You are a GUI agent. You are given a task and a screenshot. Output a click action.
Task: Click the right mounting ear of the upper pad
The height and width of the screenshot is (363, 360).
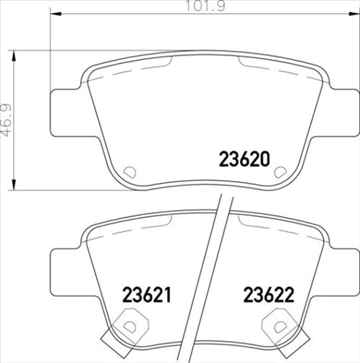click(334, 114)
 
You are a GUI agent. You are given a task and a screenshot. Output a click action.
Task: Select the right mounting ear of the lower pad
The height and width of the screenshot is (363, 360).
click(334, 270)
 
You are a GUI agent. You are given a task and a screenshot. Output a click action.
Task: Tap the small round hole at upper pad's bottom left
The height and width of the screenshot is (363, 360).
click(130, 172)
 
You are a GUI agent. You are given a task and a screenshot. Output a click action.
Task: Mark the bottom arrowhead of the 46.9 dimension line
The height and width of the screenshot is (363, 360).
click(15, 185)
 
